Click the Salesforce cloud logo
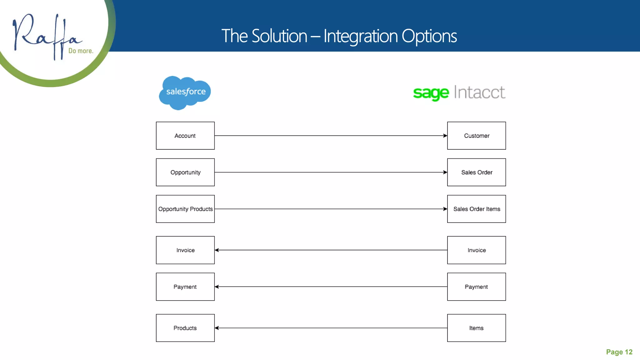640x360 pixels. coord(185,92)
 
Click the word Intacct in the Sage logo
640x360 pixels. coord(479,92)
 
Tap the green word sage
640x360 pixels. coord(431,93)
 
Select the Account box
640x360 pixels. coord(185,136)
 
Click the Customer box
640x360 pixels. coord(477,136)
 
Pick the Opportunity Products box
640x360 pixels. coord(185,209)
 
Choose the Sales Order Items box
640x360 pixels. coord(477,209)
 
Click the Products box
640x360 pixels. coord(185,328)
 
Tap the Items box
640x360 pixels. coord(477,328)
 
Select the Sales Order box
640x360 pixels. coord(477,172)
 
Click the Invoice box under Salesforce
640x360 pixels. coord(185,250)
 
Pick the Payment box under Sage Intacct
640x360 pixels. coord(477,287)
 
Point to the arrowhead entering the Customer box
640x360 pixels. coord(445,136)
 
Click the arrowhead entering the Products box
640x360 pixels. coord(217,328)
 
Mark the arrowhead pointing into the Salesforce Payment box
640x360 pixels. coord(217,287)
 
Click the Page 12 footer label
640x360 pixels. coord(619,352)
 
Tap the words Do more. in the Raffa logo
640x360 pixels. coord(81,51)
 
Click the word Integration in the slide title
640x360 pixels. coord(360,36)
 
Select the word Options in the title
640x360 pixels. coord(429,36)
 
